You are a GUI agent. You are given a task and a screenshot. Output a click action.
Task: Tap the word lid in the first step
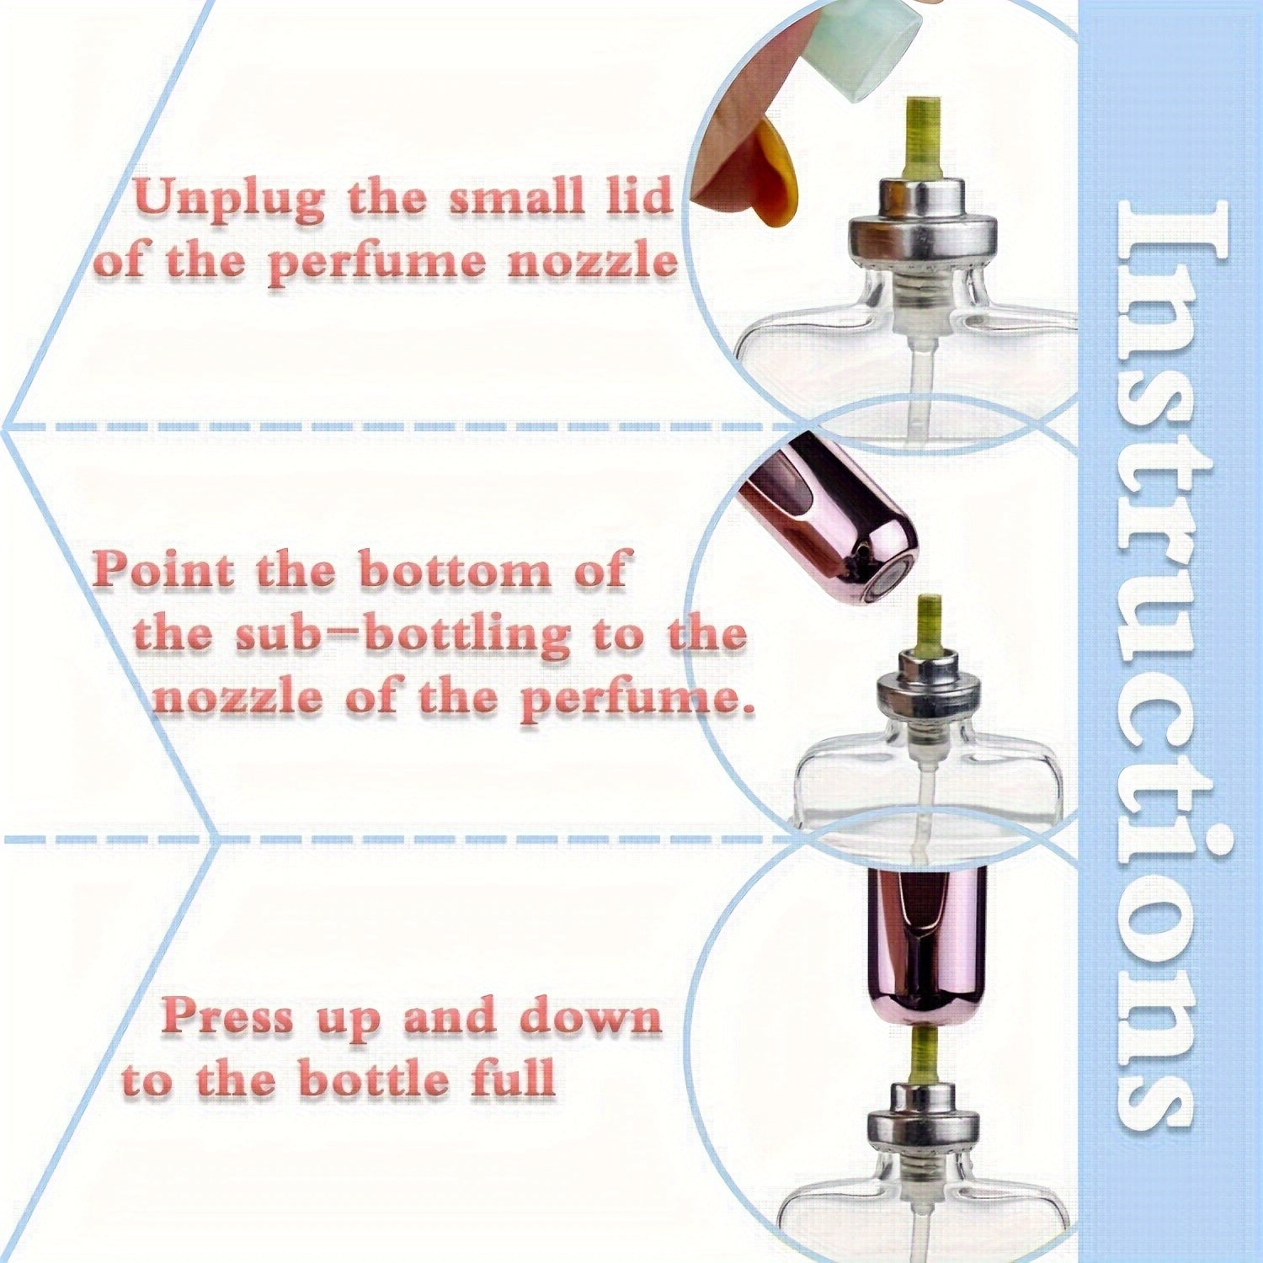(x=640, y=195)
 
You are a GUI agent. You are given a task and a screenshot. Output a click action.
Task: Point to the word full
(x=513, y=1078)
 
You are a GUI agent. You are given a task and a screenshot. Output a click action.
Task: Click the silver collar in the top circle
(x=922, y=223)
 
